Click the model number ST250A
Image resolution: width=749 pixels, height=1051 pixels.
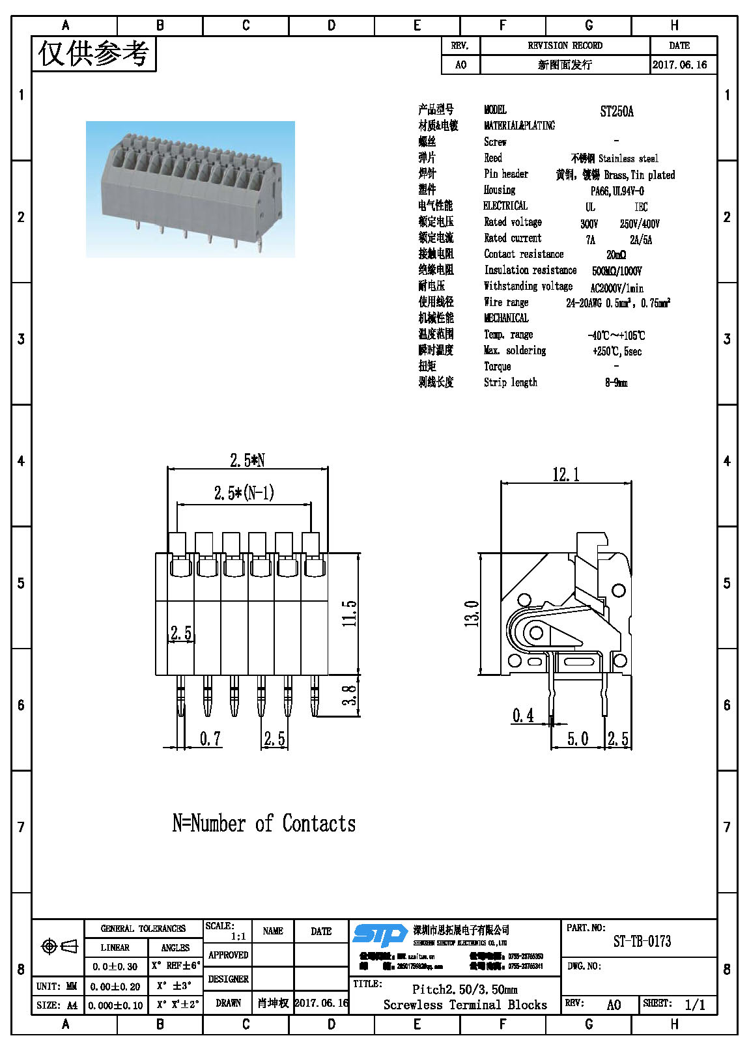(616, 111)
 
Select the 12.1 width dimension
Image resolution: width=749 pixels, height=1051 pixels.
(565, 475)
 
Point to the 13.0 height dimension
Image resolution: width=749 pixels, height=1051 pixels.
(472, 613)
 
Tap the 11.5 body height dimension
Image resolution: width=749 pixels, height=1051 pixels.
(350, 613)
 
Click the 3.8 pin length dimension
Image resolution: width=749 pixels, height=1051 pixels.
(350, 695)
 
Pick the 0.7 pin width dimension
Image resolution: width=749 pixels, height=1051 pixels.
(210, 738)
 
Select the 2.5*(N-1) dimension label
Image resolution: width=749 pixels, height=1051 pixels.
(244, 493)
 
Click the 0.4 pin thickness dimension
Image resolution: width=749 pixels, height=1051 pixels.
(523, 716)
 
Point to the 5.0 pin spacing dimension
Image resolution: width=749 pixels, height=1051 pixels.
(577, 738)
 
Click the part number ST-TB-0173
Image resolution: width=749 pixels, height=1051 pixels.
(642, 941)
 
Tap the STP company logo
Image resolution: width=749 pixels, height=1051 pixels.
(380, 935)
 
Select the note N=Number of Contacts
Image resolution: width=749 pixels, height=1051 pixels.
(264, 824)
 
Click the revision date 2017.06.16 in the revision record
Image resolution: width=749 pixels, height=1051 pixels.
(679, 64)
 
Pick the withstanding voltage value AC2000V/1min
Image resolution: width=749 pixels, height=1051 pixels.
(617, 288)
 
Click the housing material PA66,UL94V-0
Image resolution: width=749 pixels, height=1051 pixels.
(617, 191)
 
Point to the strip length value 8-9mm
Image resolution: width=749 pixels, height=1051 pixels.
(616, 383)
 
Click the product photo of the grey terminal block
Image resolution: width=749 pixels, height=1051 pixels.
(190, 189)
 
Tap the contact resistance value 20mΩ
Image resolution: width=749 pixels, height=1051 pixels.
(616, 255)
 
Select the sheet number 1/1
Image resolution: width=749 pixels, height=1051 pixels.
(694, 1004)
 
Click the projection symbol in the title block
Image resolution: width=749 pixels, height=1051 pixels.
(59, 946)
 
